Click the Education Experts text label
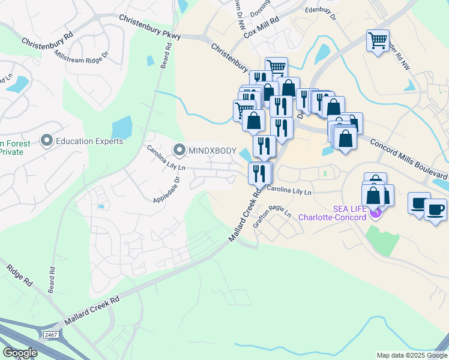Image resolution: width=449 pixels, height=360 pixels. (x=89, y=142)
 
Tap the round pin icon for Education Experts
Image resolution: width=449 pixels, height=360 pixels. (x=47, y=141)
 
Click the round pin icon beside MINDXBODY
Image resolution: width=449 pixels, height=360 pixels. (x=179, y=149)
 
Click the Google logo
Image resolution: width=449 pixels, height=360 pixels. (x=20, y=353)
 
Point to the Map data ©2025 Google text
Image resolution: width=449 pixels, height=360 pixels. (x=411, y=355)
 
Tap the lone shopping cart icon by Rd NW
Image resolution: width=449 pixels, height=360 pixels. (x=378, y=41)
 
